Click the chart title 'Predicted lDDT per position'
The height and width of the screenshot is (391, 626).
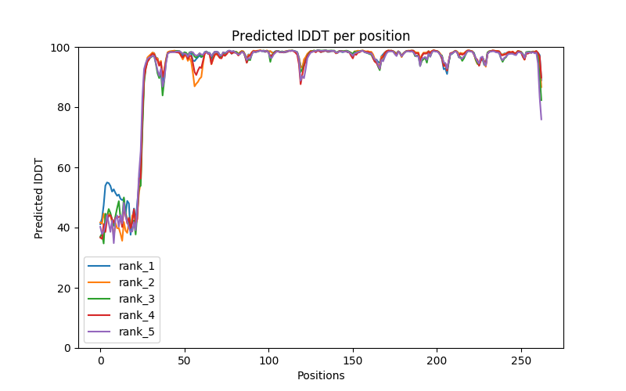click(321, 36)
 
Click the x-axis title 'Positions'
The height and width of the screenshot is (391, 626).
click(321, 375)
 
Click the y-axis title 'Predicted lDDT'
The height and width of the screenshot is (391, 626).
click(39, 198)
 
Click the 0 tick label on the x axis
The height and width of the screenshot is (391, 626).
click(100, 360)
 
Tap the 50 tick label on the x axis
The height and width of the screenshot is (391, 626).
click(185, 360)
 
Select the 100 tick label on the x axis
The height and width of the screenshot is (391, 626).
click(268, 360)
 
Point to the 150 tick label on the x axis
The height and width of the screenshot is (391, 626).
click(353, 360)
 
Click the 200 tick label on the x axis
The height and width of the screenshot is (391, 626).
click(437, 360)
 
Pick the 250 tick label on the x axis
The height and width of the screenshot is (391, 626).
click(521, 360)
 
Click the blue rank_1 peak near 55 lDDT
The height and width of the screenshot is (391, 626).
click(108, 182)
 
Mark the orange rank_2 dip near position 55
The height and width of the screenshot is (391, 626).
click(194, 86)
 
